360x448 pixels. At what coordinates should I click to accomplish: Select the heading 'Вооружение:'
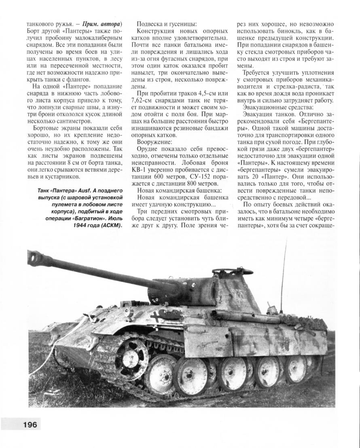click(x=155, y=142)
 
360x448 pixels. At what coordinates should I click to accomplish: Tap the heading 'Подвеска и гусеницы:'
click(x=167, y=24)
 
